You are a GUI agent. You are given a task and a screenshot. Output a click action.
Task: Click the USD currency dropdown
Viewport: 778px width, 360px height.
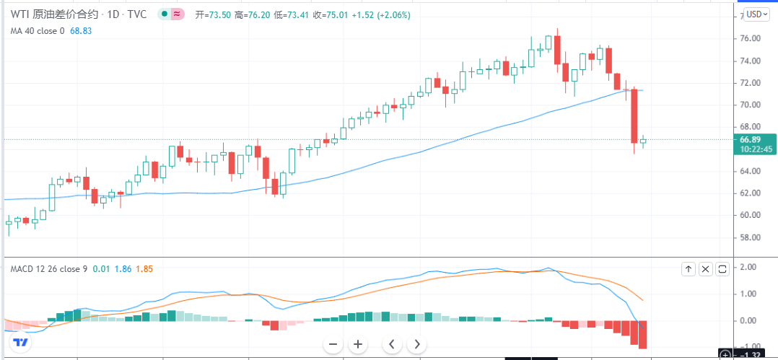(x=756, y=14)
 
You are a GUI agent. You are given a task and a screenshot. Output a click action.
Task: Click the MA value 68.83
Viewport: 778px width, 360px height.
(x=81, y=31)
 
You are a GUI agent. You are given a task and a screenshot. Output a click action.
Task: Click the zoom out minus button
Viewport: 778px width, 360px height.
(x=333, y=344)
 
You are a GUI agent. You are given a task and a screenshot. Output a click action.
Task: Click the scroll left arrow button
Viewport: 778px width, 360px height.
(x=391, y=344)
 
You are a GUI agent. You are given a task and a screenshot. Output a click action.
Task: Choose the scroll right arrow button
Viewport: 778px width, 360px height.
(x=416, y=344)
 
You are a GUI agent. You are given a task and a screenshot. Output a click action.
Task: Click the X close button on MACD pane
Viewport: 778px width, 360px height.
(x=705, y=269)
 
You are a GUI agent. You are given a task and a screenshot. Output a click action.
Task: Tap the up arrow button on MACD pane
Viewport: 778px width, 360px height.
(x=689, y=269)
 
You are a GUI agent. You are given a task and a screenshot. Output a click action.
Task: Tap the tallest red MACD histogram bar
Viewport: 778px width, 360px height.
(x=642, y=335)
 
